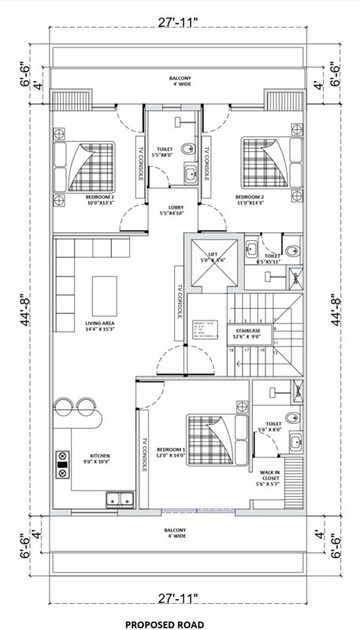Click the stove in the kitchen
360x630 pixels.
point(62,461)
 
